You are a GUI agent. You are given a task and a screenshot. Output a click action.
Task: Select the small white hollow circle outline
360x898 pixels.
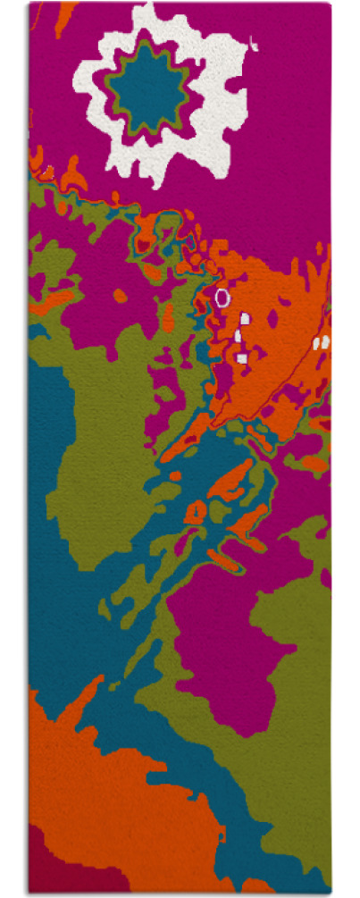[x=222, y=297]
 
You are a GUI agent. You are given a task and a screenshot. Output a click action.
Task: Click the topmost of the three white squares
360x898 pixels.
[x=245, y=317]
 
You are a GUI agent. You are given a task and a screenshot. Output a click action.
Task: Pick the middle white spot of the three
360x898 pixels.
[x=239, y=335]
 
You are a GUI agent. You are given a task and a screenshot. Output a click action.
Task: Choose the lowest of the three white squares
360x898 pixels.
[x=242, y=357]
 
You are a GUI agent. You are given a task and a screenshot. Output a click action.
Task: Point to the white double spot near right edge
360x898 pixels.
[x=321, y=341]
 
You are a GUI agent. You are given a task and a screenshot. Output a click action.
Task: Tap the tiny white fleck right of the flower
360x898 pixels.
[x=255, y=41]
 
